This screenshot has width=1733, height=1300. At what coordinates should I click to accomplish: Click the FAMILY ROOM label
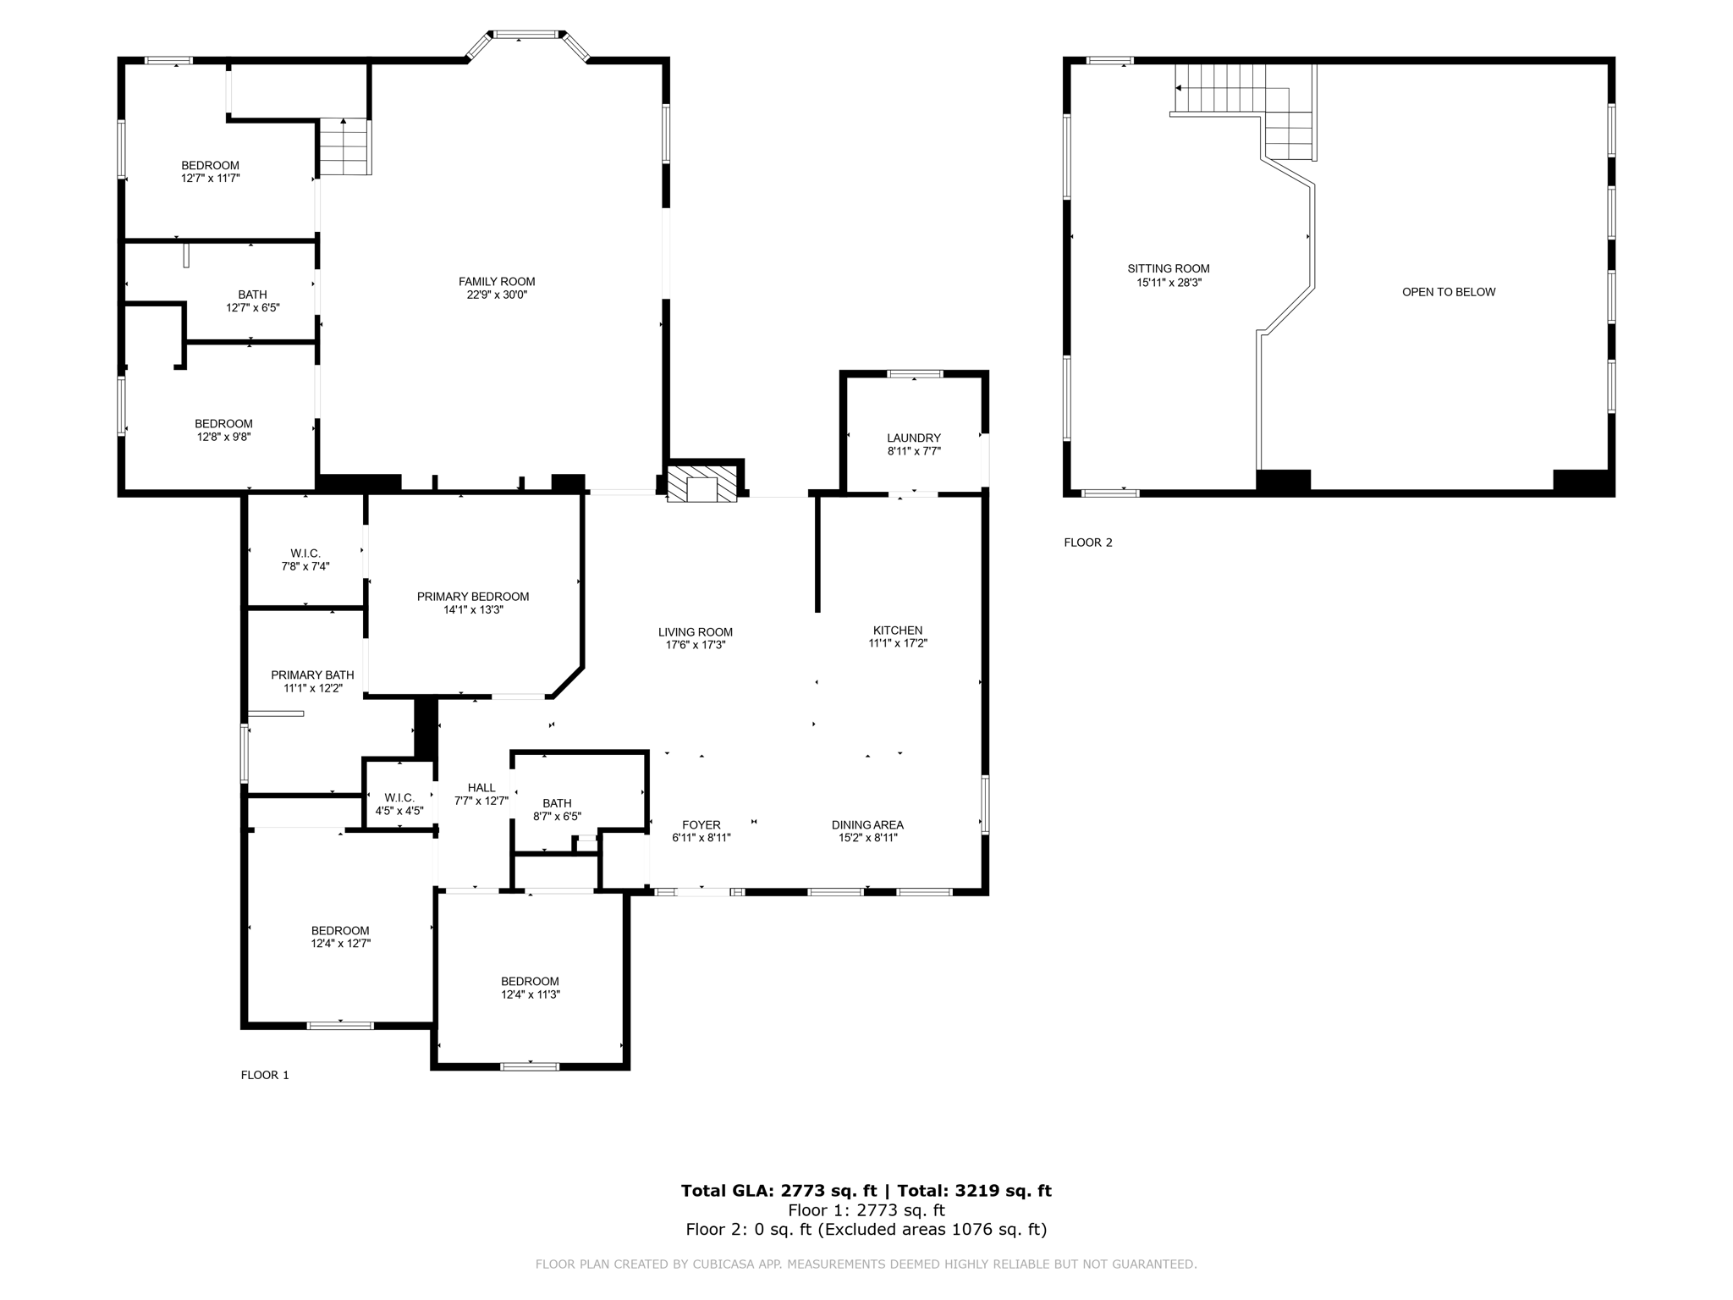point(497,282)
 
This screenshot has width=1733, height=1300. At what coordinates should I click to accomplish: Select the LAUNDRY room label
point(913,438)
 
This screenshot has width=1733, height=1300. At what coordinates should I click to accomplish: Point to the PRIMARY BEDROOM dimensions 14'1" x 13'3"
point(473,609)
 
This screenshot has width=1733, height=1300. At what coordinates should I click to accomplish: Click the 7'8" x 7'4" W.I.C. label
point(305,560)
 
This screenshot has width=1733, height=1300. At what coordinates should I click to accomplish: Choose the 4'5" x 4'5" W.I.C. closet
point(399,804)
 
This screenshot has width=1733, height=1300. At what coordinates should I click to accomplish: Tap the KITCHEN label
point(898,631)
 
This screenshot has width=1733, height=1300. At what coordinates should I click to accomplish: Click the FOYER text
point(701,825)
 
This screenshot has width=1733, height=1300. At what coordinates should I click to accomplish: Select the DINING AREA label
point(867,825)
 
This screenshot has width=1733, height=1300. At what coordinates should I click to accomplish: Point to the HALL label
point(481,788)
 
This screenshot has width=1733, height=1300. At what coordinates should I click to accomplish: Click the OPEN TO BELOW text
point(1449,292)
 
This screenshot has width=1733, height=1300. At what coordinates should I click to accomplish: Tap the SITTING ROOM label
point(1169,269)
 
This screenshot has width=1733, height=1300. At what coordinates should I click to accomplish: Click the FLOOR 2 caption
point(1088,543)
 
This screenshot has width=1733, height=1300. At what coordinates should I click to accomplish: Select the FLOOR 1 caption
point(265,1075)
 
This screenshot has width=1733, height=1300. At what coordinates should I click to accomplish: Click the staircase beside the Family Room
point(344,147)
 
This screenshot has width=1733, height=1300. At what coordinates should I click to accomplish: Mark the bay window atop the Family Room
point(527,36)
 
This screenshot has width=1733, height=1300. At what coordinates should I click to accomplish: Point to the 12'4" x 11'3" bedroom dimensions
point(531,994)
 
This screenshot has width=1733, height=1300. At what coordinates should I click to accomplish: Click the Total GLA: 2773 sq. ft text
point(778,1191)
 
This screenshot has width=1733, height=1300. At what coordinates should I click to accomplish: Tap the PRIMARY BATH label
point(312,675)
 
